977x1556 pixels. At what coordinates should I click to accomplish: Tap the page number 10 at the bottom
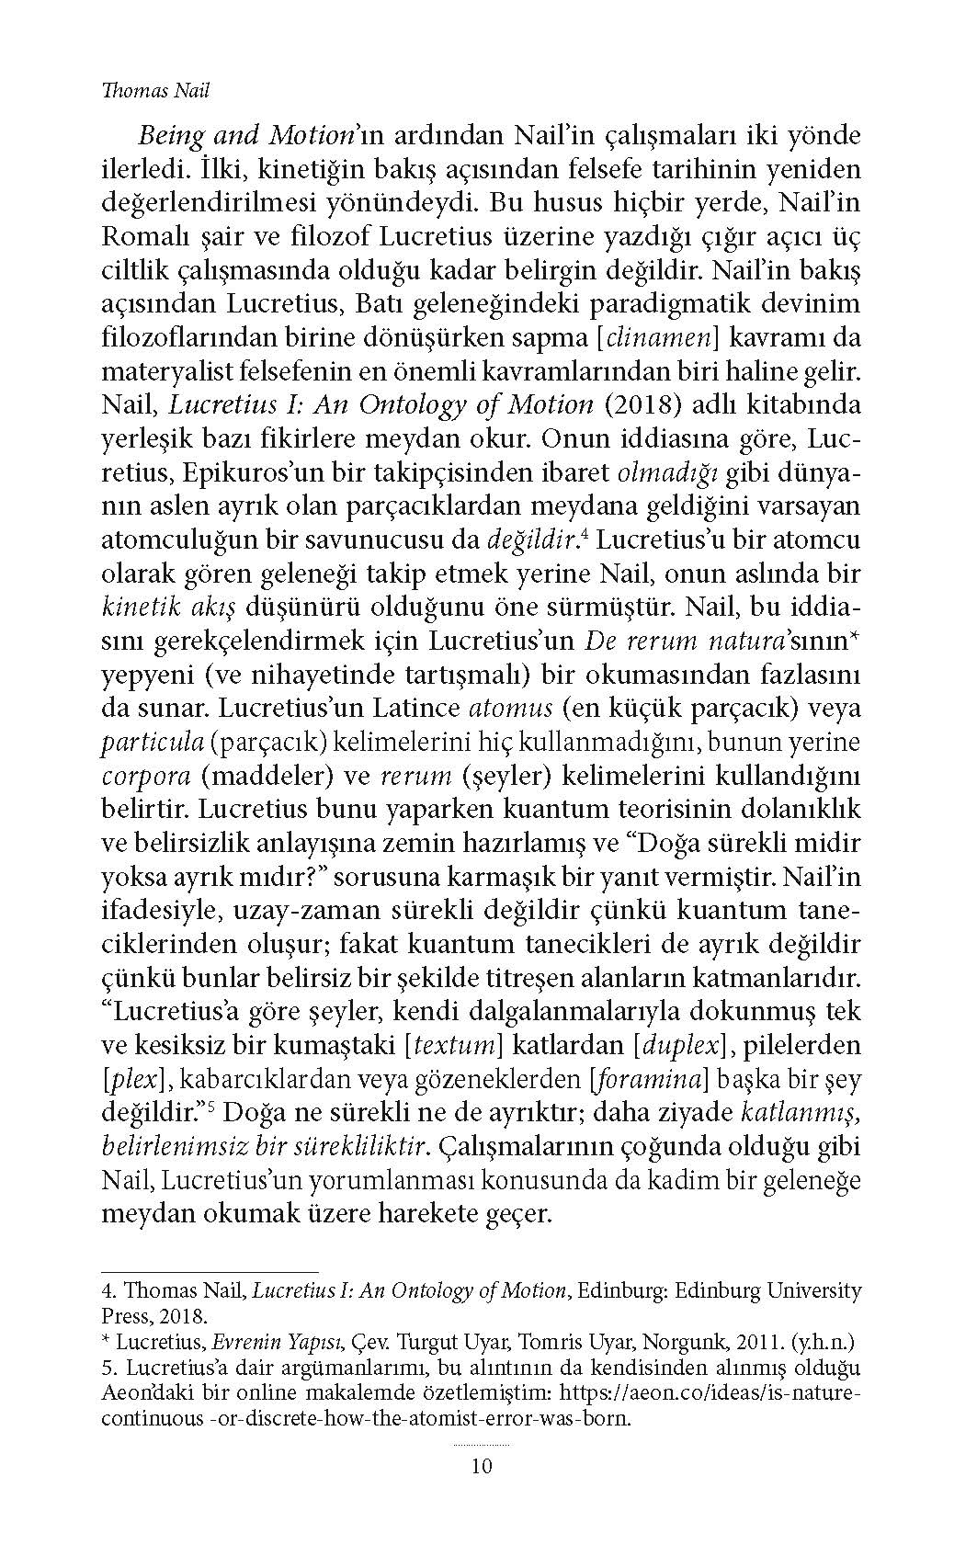(482, 1464)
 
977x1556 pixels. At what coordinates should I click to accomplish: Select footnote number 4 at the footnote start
(107, 1290)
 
